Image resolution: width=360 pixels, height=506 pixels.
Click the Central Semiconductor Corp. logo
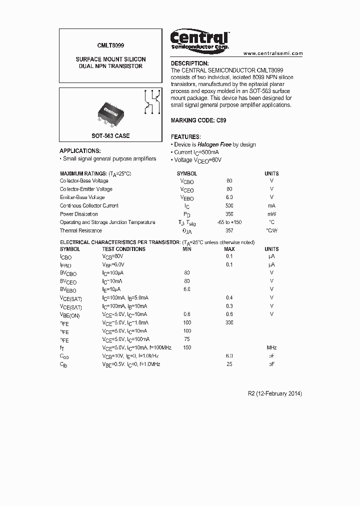coord(199,39)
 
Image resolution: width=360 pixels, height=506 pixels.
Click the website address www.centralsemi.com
coord(273,53)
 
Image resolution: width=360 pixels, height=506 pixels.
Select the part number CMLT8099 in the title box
coord(110,43)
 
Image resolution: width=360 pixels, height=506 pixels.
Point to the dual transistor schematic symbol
coord(151,102)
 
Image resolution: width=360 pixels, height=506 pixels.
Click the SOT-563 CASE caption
coord(110,136)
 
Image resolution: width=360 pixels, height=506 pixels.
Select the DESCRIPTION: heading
coord(189,63)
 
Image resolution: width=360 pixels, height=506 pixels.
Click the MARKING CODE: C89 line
coord(198,120)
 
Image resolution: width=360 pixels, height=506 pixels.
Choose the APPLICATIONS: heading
coord(80,150)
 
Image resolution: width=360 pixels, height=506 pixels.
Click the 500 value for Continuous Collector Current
coord(229,205)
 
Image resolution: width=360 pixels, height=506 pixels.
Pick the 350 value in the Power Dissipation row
coord(229,214)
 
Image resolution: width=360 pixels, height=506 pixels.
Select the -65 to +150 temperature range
coord(229,222)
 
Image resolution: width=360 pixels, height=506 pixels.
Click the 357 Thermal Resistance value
coord(229,230)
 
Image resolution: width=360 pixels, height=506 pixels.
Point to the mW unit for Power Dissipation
coord(271,214)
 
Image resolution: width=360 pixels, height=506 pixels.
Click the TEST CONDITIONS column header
coord(123,249)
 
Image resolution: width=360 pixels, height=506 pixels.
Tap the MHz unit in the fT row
coord(271,347)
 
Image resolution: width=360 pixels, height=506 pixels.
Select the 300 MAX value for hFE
coord(229,322)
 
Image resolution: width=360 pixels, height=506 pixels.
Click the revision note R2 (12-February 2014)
coord(275,393)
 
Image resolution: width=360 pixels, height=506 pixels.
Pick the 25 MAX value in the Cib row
coord(229,364)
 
